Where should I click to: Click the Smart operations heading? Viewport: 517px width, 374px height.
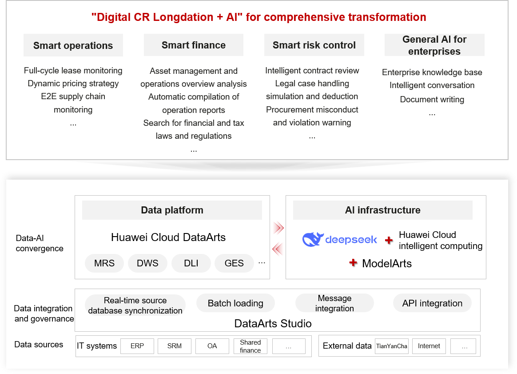(73, 45)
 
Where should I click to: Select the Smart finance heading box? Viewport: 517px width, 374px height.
(194, 45)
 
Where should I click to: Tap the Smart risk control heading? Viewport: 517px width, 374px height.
(314, 45)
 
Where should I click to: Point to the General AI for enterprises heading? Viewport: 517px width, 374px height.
(434, 45)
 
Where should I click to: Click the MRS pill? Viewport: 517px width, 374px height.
(104, 263)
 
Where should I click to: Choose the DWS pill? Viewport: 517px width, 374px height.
(148, 263)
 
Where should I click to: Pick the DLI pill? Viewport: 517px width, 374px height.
(191, 263)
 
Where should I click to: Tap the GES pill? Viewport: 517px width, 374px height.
(234, 263)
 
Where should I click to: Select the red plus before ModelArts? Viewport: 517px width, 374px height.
(353, 263)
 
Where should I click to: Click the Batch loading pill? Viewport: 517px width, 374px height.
(235, 303)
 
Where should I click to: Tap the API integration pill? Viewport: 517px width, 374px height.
(432, 303)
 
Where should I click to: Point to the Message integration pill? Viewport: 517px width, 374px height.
(334, 303)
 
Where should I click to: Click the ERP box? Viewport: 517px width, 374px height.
(137, 346)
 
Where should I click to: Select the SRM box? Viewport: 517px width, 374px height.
(175, 346)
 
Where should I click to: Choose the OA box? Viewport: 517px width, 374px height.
(212, 346)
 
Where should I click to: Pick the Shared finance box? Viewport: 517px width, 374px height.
(250, 346)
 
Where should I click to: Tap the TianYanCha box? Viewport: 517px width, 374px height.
(392, 346)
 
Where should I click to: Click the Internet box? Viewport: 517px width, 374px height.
(429, 346)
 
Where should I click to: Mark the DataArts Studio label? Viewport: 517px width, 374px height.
(273, 323)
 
